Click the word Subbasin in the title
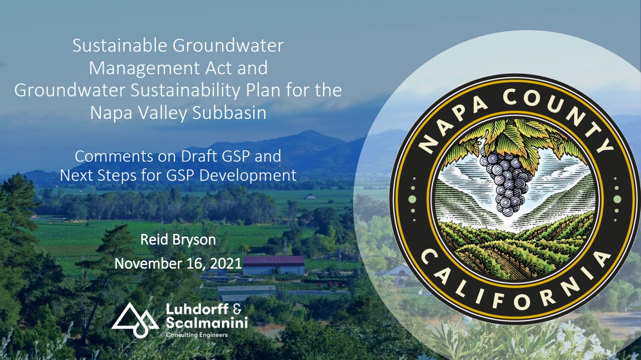229,112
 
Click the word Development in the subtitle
248,176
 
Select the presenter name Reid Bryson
178,240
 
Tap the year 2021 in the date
226,264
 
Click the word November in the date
148,264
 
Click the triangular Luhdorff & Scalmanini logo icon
135,320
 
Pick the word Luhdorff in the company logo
197,309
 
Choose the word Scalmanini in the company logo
206,322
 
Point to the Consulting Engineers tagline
197,335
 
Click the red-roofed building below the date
274,265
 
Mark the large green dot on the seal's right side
617,199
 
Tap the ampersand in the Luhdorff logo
238,309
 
